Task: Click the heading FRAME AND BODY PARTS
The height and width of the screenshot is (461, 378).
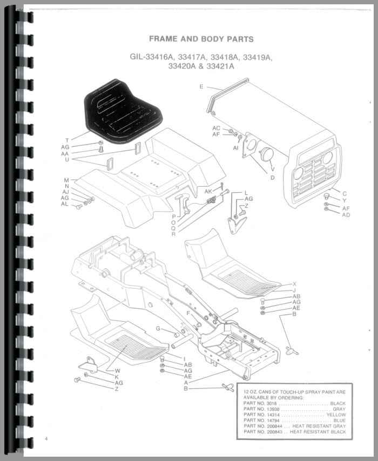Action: pos(201,39)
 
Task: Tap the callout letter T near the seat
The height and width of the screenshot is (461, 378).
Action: pos(67,140)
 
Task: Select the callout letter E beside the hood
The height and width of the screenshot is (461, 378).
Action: pos(201,86)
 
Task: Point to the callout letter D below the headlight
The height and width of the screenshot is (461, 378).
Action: pos(272,178)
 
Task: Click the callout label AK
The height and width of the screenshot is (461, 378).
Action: pos(208,192)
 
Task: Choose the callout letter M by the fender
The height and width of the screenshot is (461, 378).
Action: pos(66,180)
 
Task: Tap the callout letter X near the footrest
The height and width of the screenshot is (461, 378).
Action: pos(294,284)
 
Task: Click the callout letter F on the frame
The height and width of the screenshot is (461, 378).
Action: pos(188,313)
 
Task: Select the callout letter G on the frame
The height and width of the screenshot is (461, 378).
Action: pos(158,328)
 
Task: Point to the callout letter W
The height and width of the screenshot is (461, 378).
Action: pos(117,371)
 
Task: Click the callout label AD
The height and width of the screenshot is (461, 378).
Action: pos(346,215)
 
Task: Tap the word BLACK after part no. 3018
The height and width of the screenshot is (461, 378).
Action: pos(337,403)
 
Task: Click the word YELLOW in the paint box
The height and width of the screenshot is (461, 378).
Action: pos(336,415)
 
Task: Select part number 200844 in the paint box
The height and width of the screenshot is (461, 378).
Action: pos(274,426)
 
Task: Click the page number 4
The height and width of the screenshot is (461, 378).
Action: pos(46,439)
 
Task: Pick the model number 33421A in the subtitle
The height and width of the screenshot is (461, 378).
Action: pos(220,66)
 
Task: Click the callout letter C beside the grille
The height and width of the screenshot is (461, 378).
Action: pos(345,194)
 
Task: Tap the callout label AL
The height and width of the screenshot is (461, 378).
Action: pos(65,204)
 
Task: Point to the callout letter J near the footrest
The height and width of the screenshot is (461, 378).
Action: pos(294,290)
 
